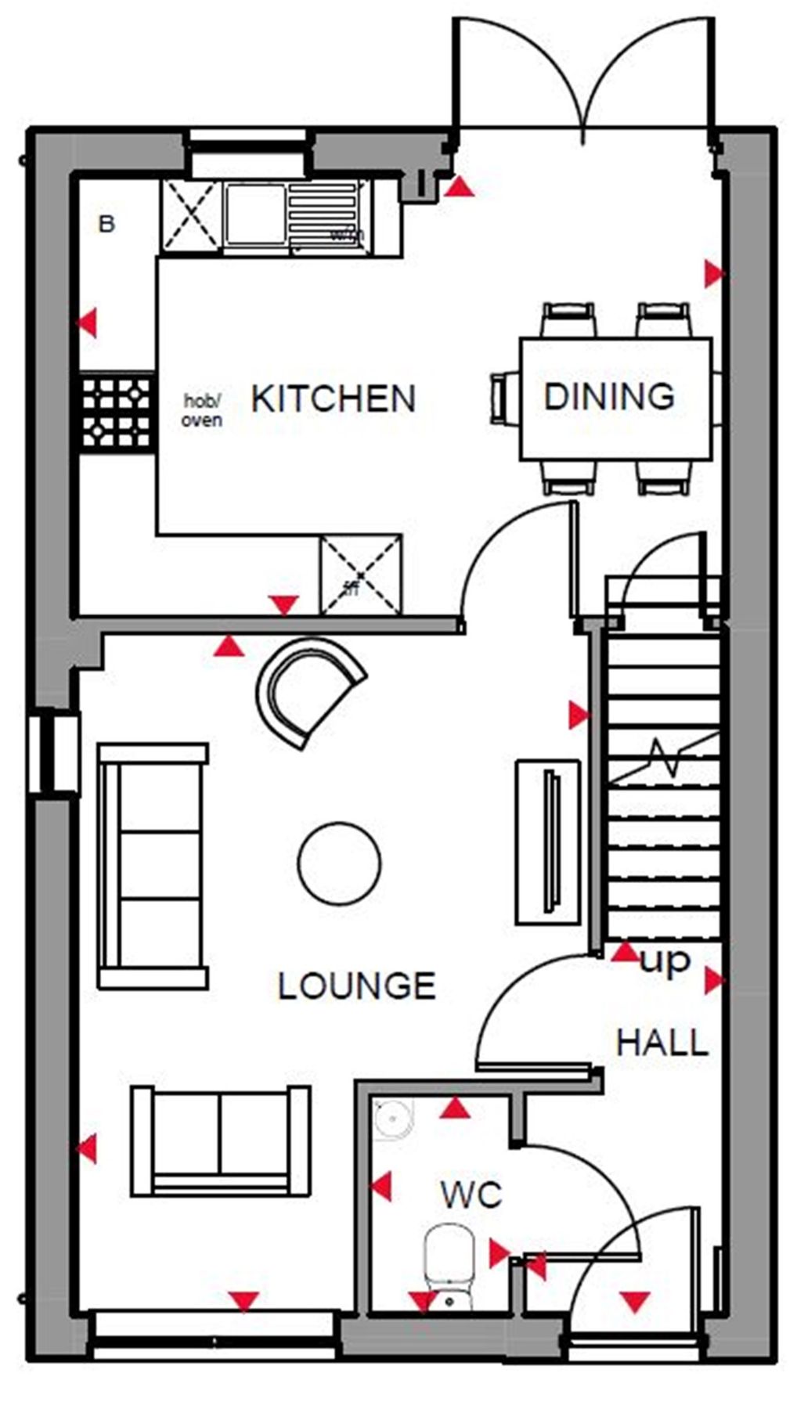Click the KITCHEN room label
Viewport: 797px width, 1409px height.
coord(333,399)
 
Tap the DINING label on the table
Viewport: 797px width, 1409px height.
coord(609,397)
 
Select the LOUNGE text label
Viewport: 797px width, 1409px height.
coord(357,986)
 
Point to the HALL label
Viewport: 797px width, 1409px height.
coord(662,1043)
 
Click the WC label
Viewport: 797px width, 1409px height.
coord(471,1195)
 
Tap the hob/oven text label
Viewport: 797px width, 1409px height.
coord(202,410)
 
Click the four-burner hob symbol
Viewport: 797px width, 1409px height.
coord(117,413)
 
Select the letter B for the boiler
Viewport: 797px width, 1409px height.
coord(106,225)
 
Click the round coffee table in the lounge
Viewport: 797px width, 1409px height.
coord(340,863)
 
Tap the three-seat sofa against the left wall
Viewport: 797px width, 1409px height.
coord(152,866)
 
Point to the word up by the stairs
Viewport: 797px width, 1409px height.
coord(665,960)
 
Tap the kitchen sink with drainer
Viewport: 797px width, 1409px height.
coord(292,215)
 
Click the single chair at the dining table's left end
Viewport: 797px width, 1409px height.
coord(503,399)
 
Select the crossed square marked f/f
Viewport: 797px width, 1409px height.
coord(360,575)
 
